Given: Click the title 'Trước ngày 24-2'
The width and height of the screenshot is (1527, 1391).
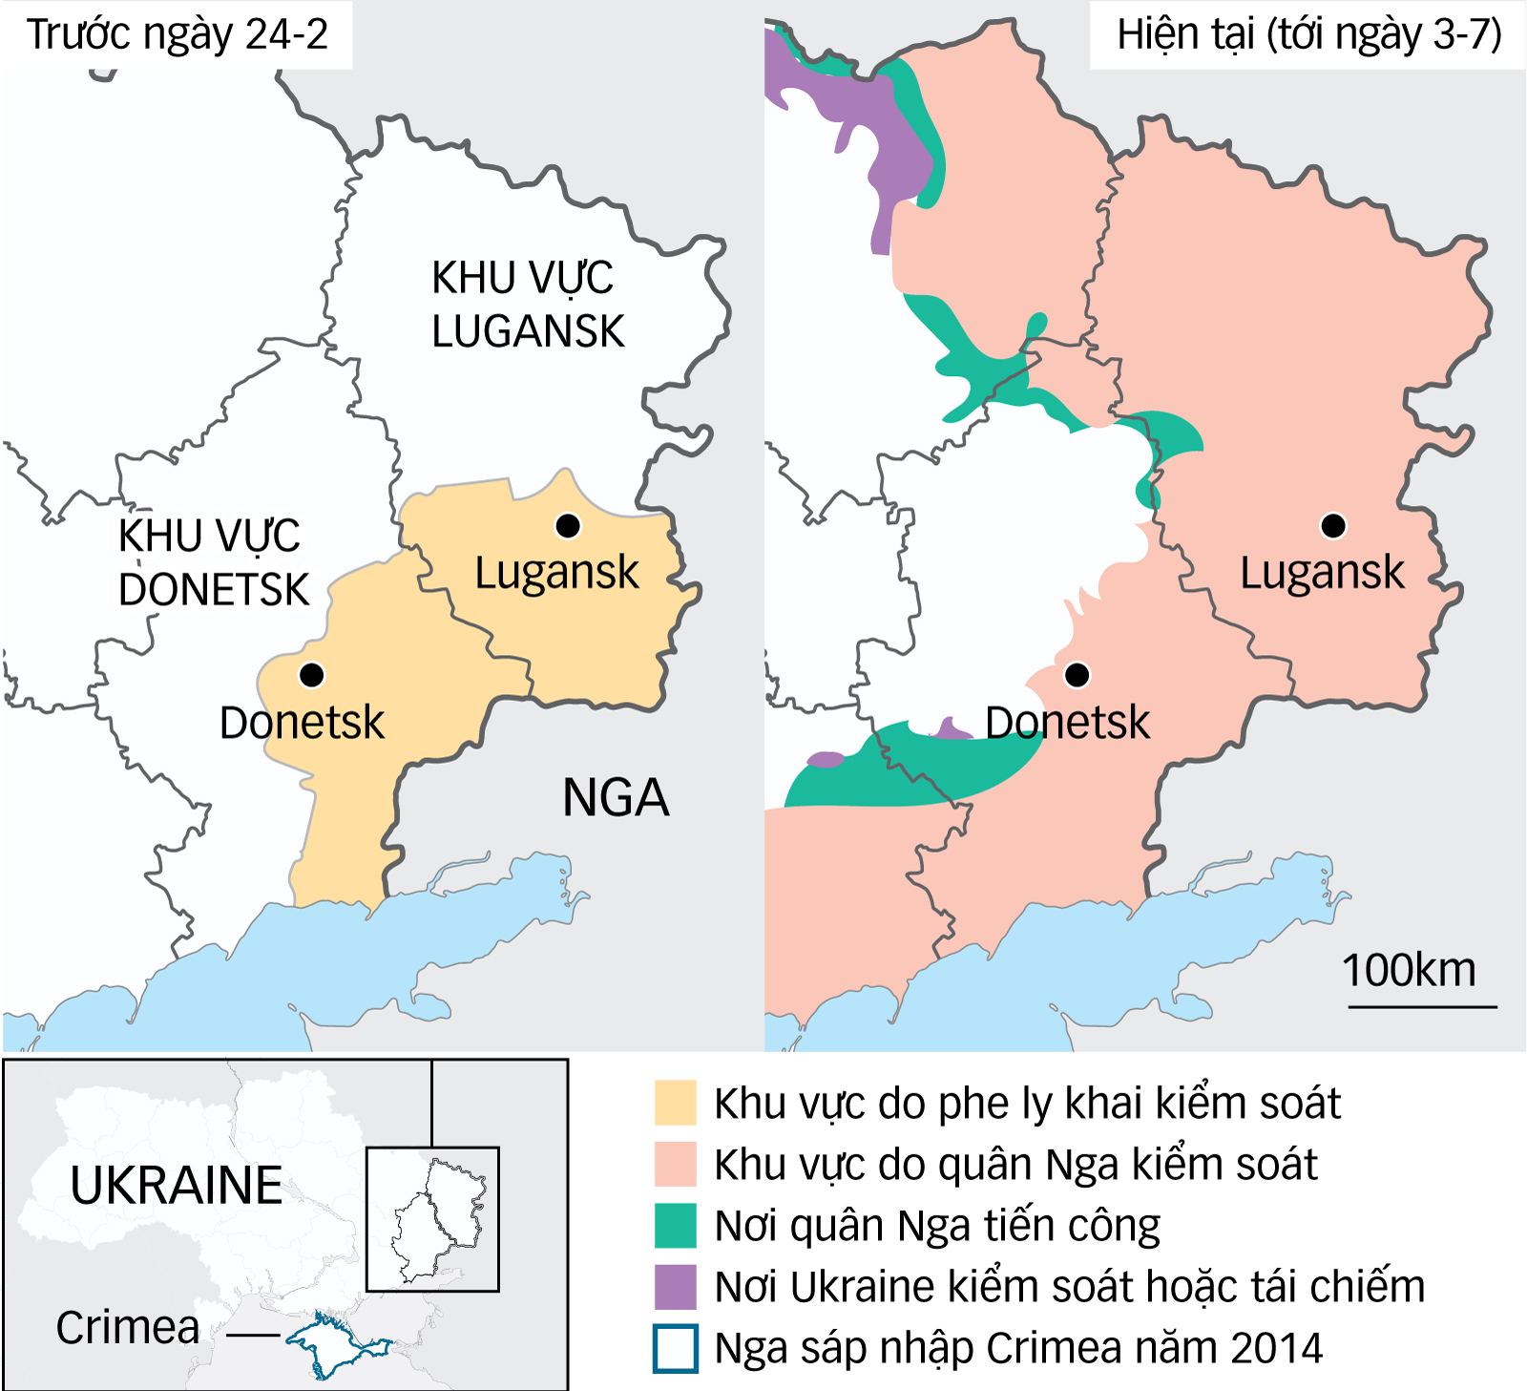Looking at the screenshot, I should coord(177,34).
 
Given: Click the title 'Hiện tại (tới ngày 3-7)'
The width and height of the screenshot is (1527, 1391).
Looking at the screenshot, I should coord(1308,34).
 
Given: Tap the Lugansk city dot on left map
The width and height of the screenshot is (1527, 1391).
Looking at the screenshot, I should coord(568,525).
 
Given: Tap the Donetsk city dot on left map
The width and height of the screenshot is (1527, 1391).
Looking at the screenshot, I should coord(311,675).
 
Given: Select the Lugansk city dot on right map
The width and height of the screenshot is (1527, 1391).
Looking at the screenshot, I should coord(1333,525).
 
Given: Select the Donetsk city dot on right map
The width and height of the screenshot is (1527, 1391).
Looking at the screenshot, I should coord(1077,675).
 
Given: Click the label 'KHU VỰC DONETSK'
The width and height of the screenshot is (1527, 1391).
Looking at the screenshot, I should coord(213,562).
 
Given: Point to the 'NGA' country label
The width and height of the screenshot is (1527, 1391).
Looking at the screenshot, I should coord(616,798).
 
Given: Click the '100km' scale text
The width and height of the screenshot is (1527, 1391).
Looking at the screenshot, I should coord(1409,970).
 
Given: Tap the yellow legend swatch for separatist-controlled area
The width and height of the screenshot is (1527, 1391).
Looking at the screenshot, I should coord(675,1103).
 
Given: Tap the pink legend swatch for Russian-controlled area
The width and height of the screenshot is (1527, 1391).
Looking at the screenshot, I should coord(675,1164).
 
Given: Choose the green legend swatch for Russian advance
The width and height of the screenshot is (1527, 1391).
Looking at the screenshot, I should coord(675,1225).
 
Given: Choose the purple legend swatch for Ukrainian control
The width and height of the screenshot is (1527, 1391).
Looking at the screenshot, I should coord(675,1286).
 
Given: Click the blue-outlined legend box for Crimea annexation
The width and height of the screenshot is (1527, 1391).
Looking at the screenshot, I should coord(675,1348).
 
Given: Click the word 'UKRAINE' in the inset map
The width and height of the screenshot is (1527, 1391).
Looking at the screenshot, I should coord(177,1186).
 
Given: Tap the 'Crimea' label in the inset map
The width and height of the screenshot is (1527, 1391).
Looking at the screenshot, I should coord(128,1327).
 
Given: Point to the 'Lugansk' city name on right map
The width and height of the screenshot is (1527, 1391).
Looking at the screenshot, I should coord(1322,573).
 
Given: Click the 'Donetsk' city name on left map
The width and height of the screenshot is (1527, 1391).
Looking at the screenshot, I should coord(302,723).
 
